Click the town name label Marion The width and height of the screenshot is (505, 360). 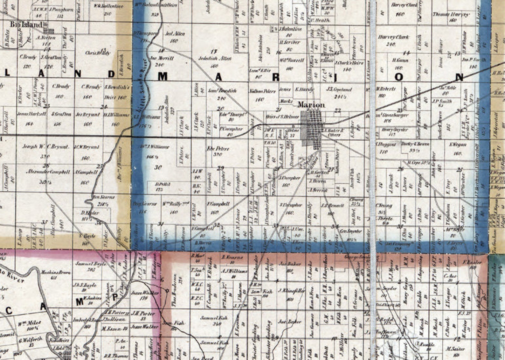click(311, 104)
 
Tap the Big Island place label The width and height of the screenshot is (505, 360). click(26, 24)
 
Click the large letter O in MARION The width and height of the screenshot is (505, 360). click(399, 77)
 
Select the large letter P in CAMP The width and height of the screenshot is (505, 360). click(115, 297)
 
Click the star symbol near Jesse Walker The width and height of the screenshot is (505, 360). click(166, 290)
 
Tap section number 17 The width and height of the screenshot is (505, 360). click(214, 51)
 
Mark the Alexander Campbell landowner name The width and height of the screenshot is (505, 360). click(48, 172)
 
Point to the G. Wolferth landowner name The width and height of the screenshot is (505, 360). click(31, 340)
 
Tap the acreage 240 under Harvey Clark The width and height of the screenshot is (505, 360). click(391, 44)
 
